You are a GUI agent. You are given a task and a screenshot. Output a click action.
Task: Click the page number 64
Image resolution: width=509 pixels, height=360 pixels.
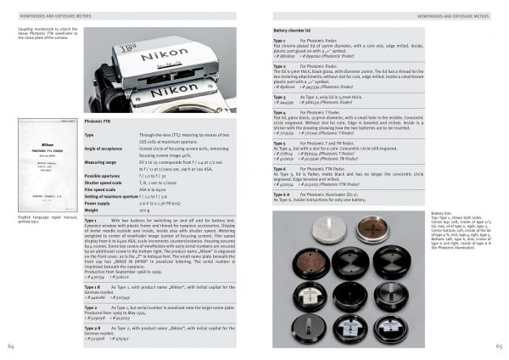[11, 346]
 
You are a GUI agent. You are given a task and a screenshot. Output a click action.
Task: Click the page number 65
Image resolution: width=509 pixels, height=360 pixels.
[498, 346]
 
